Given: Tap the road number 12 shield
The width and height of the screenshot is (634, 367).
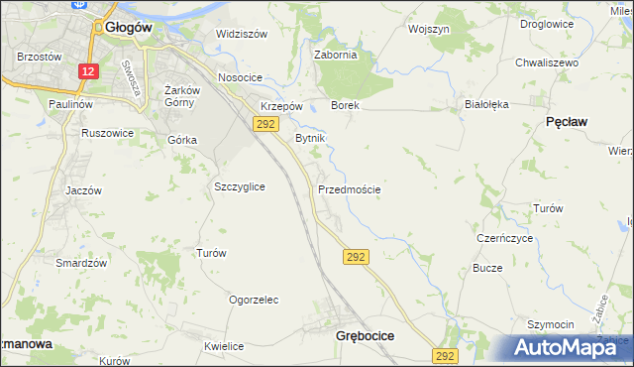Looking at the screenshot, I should pos(88,71).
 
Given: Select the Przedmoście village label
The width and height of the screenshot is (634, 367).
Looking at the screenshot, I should pos(349,189).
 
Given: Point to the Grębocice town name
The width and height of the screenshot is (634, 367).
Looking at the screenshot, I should pos(366,336).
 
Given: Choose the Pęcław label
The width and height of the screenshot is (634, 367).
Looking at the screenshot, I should pos(567,121).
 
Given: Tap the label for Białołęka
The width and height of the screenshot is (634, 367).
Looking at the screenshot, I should pos(485,103).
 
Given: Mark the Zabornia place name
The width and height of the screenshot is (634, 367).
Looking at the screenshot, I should pos(335,56).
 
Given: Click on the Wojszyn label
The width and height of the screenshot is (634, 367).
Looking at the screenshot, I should pos(429,30).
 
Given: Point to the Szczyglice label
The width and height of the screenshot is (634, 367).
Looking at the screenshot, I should pos(239,185).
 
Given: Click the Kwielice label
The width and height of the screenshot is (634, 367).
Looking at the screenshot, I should pos(224,346).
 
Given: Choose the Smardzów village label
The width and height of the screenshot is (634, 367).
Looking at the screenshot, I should pos(80,263).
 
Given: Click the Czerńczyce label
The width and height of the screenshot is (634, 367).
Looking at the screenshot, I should pos(505,239).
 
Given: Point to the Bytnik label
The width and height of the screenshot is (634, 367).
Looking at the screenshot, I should pos(310,139).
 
